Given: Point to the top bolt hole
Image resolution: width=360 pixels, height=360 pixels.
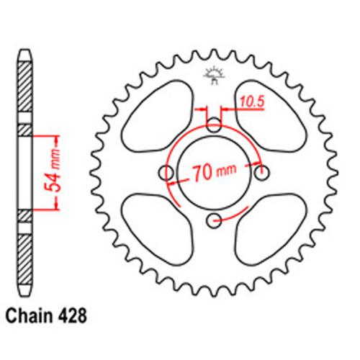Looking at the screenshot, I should tap(215, 126).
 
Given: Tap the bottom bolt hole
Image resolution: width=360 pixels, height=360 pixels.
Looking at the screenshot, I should tap(215, 220).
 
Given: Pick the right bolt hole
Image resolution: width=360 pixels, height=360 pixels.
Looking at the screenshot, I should tap(261, 173).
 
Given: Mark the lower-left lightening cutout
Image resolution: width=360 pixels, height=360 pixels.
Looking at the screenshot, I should tap(157, 230).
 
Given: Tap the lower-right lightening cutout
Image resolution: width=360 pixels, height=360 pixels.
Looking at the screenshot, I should tap(268, 230).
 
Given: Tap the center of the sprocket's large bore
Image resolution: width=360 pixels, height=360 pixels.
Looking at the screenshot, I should tap(215, 173).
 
